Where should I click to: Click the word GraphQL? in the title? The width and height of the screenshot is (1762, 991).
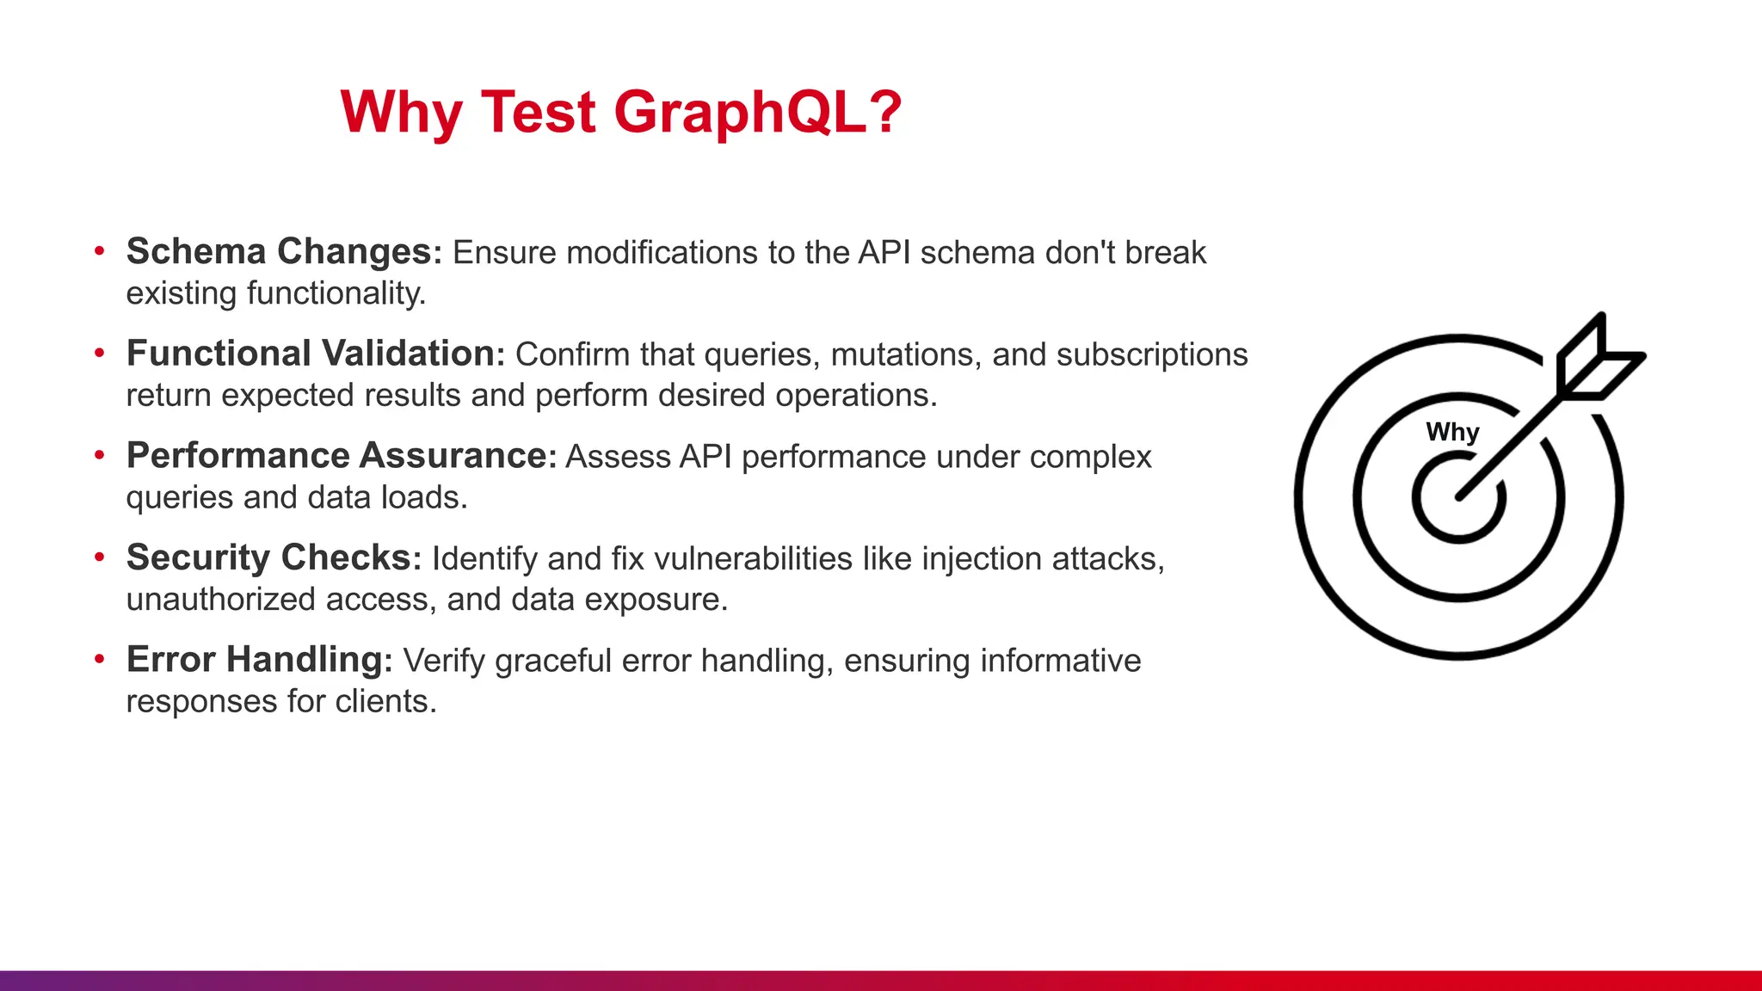[x=757, y=113]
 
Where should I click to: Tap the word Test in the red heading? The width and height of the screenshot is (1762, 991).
[x=538, y=113]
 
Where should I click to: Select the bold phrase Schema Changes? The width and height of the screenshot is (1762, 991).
[x=279, y=251]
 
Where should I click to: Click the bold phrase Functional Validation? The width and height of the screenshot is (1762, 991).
[x=311, y=354]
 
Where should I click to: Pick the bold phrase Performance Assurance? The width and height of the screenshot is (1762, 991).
[x=336, y=455]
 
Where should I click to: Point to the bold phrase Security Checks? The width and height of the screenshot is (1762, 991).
[x=269, y=557]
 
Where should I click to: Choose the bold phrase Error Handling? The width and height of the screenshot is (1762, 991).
[x=255, y=660]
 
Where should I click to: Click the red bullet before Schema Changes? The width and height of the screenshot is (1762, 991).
[x=100, y=251]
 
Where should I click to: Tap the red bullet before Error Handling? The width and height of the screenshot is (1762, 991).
[x=100, y=660]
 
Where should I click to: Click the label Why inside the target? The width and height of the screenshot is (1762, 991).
[x=1452, y=432]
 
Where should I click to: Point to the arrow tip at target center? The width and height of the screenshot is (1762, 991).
[x=1461, y=495]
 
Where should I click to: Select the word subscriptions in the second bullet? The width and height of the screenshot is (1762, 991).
[x=1152, y=354]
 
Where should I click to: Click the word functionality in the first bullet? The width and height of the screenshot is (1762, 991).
[x=336, y=293]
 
